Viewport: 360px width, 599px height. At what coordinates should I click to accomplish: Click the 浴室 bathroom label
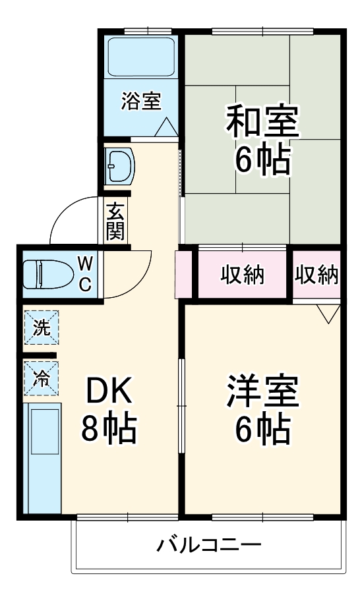(141, 101)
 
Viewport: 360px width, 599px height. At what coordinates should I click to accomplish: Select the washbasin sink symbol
(119, 165)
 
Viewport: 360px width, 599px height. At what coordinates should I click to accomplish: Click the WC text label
(86, 274)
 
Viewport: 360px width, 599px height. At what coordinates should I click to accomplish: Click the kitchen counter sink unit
(42, 457)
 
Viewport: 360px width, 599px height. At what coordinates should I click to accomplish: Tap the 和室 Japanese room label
(262, 121)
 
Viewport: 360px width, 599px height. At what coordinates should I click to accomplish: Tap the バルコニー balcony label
(209, 546)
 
